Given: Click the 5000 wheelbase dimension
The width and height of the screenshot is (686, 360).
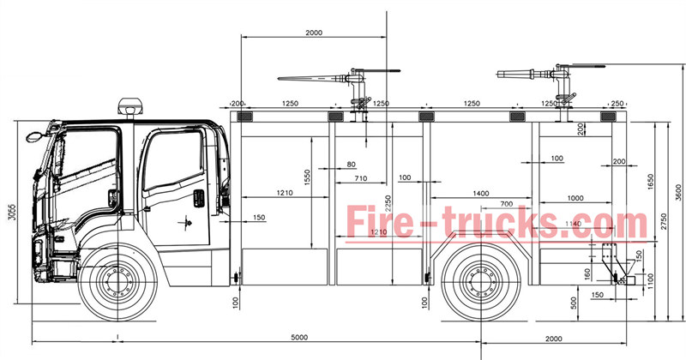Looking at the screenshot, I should pyautogui.click(x=298, y=337).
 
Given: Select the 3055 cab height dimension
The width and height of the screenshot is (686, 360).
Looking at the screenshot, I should pyautogui.click(x=11, y=213).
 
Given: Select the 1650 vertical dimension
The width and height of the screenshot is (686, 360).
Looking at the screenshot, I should pyautogui.click(x=651, y=181).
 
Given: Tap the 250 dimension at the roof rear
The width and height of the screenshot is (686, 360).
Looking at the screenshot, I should pyautogui.click(x=617, y=103).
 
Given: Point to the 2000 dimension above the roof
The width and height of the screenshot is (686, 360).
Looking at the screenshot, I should pyautogui.click(x=314, y=32).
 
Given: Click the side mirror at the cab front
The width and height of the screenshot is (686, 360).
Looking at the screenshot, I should pyautogui.click(x=34, y=135).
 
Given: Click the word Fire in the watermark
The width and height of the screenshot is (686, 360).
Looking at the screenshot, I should pyautogui.click(x=377, y=220).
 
